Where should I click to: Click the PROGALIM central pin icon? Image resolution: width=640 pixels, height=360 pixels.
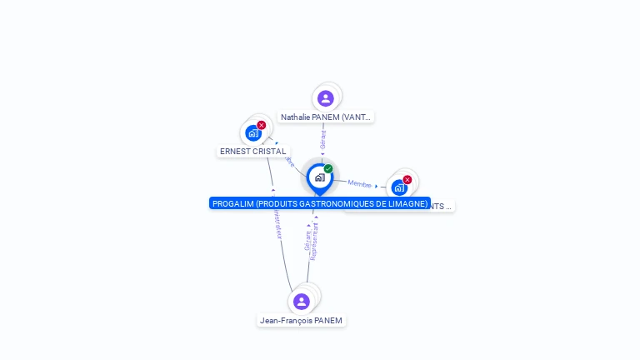[319, 177]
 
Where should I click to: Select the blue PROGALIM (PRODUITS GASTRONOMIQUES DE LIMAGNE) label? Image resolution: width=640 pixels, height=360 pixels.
[319, 203]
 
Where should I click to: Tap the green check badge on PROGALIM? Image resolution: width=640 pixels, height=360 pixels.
[328, 168]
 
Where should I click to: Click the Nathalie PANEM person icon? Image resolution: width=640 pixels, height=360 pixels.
[326, 98]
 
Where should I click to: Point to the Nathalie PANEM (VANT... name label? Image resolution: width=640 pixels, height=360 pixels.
[326, 117]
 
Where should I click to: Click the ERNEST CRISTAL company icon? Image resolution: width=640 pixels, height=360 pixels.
[253, 133]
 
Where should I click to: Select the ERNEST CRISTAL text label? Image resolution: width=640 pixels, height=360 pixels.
[253, 152]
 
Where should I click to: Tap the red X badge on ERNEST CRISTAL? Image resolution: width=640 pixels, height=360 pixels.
[262, 125]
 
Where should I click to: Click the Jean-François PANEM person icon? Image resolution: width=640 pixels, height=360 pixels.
[302, 301]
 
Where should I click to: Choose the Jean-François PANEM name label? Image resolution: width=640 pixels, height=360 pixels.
[301, 321]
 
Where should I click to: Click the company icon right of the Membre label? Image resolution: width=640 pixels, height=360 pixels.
[399, 187]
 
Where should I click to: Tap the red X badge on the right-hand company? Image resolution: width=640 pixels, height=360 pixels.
[407, 179]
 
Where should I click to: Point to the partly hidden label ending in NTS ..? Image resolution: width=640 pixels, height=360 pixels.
[441, 206]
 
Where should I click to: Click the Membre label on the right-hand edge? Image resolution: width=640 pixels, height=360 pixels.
[359, 183]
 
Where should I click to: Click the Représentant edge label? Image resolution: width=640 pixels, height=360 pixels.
[314, 242]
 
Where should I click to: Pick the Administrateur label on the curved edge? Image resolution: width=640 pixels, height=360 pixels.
[277, 221]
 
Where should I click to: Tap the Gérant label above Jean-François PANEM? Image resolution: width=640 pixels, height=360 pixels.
[307, 242]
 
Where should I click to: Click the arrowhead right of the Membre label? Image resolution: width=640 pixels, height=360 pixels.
[377, 187]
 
